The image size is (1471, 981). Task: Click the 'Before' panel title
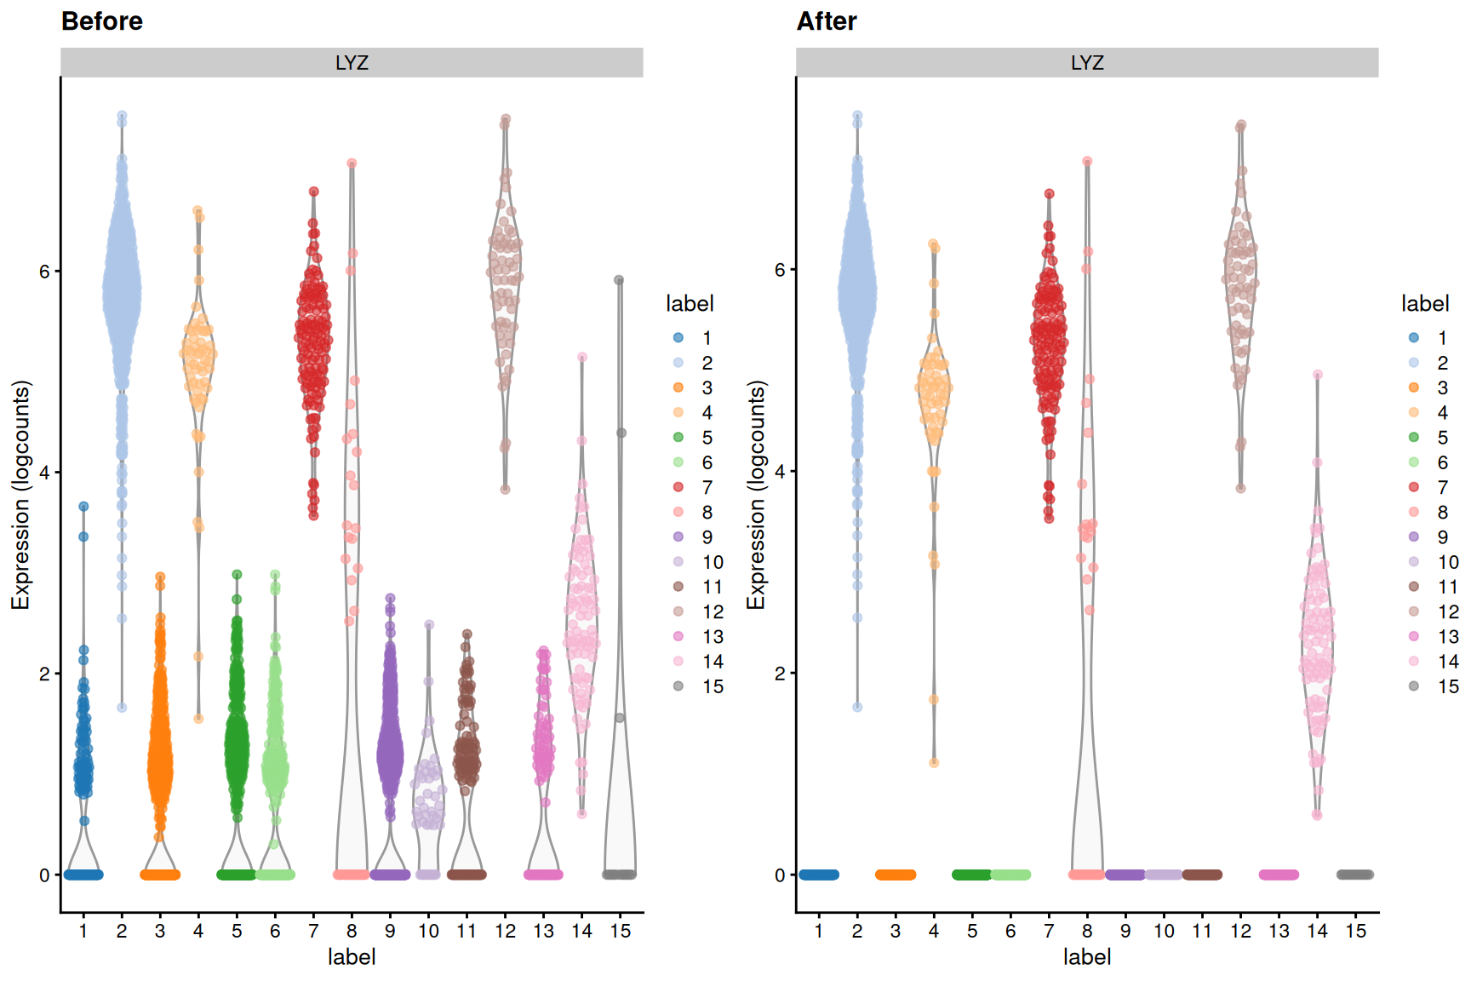[102, 21]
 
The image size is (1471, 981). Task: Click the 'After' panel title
[827, 21]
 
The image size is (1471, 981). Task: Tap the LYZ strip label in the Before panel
[352, 63]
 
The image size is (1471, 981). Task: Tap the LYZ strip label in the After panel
[1087, 63]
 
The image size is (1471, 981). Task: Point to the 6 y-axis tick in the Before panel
[44, 272]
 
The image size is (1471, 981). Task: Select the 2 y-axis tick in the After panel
[780, 674]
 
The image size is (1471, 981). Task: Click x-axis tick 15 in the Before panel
[621, 932]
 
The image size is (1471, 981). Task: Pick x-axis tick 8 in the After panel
[1087, 932]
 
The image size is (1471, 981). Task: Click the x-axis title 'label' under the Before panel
[352, 957]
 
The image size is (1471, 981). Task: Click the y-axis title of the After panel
[756, 495]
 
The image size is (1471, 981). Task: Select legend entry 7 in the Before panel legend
[707, 487]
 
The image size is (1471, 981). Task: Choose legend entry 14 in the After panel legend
[1448, 662]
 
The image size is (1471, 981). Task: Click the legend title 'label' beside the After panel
[1425, 304]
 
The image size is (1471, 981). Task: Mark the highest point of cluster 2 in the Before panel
[122, 116]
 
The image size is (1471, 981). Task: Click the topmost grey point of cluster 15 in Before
[619, 280]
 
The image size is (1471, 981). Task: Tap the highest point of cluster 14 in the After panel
[1318, 375]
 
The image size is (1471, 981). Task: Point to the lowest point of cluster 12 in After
[1240, 489]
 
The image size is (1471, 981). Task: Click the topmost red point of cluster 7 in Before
[313, 192]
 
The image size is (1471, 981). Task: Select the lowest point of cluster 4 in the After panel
[934, 763]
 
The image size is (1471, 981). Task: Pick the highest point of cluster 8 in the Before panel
[352, 163]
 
